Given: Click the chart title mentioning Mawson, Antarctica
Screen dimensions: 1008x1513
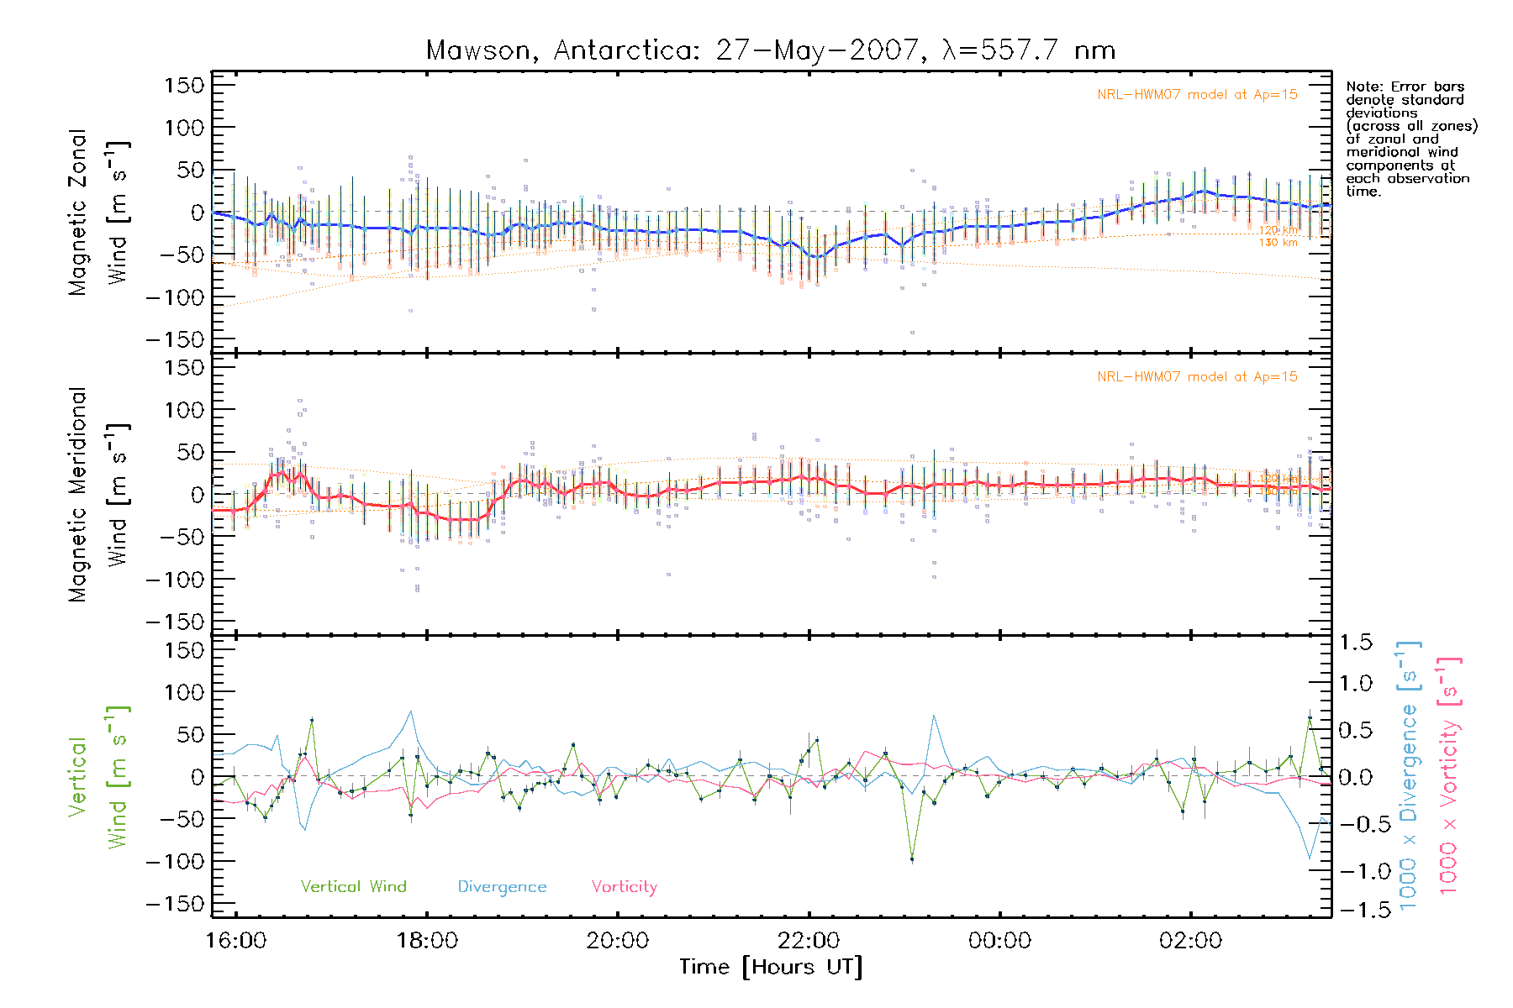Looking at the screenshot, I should coord(771,50).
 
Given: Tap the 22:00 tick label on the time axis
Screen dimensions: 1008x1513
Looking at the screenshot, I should coord(809,940).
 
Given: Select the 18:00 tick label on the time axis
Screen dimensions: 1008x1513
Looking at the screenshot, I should coord(427,940).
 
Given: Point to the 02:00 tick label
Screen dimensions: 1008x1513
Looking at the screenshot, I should coord(1190,940).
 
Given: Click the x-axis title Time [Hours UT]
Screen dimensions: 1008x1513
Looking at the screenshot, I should coord(771,967).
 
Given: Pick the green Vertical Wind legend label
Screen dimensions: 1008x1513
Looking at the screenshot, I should coord(353,886).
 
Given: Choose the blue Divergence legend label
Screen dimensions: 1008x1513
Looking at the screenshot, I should coord(502,887).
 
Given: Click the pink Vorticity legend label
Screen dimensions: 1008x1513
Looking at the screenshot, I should coord(624,886).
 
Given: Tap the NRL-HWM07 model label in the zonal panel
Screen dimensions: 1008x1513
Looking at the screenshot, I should coord(1197,95).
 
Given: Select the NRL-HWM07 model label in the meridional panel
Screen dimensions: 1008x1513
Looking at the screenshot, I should coord(1197,377).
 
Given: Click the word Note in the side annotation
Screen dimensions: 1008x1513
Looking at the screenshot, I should coord(1362,87).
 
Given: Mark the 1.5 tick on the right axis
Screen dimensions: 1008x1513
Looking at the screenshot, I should coord(1355,643).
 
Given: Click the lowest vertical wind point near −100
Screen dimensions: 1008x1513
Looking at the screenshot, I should coord(912,858).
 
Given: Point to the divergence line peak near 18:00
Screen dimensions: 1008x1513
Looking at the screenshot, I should coord(411,711).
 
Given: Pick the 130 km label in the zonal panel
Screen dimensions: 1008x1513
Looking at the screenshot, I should coord(1278,243).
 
